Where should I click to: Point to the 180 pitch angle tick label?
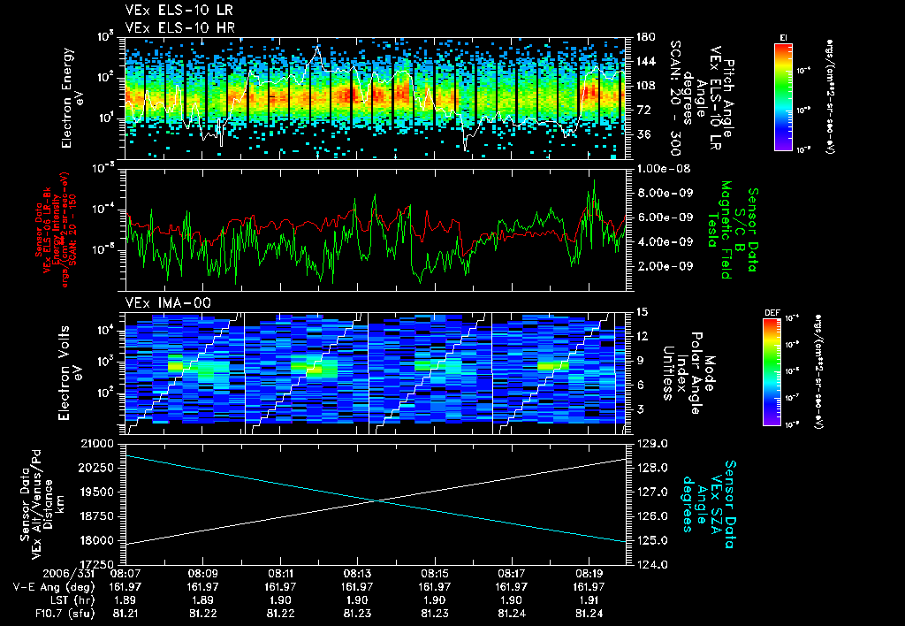(x=640, y=37)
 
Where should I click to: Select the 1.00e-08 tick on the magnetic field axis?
(x=657, y=168)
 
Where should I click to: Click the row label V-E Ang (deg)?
(x=49, y=585)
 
